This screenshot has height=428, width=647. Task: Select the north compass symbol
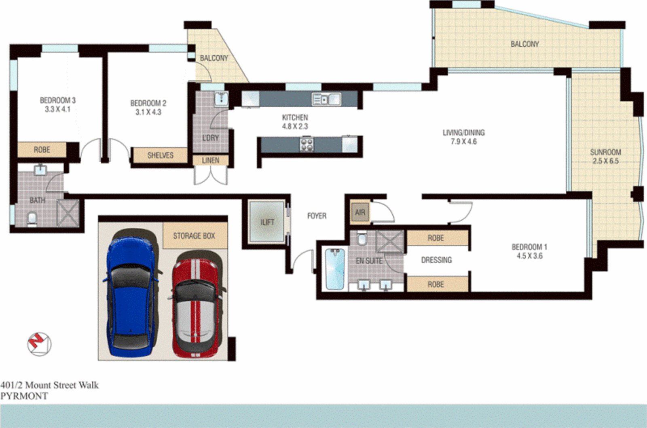pyautogui.click(x=39, y=344)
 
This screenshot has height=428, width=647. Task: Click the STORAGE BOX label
pyautogui.click(x=194, y=236)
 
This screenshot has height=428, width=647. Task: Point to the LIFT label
pyautogui.click(x=267, y=222)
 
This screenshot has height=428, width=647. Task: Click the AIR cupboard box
pyautogui.click(x=360, y=212)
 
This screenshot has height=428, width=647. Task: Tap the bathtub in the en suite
pyautogui.click(x=335, y=269)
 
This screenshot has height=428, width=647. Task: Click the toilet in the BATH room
pyautogui.click(x=32, y=219)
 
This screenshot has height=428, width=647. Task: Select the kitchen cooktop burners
pyautogui.click(x=307, y=144)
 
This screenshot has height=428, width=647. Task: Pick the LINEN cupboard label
pyautogui.click(x=211, y=161)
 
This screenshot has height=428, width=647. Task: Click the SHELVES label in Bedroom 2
pyautogui.click(x=160, y=155)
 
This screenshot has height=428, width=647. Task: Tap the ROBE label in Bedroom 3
pyautogui.click(x=42, y=150)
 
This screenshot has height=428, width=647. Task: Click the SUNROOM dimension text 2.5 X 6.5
pyautogui.click(x=605, y=161)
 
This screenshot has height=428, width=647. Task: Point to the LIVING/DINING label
pyautogui.click(x=463, y=133)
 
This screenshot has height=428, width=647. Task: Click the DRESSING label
pyautogui.click(x=436, y=260)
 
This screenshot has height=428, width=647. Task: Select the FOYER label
pyautogui.click(x=317, y=216)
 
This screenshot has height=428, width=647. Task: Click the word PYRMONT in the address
pyautogui.click(x=24, y=396)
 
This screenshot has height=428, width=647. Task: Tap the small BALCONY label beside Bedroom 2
pyautogui.click(x=214, y=58)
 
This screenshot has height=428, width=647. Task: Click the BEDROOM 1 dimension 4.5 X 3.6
pyautogui.click(x=529, y=256)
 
